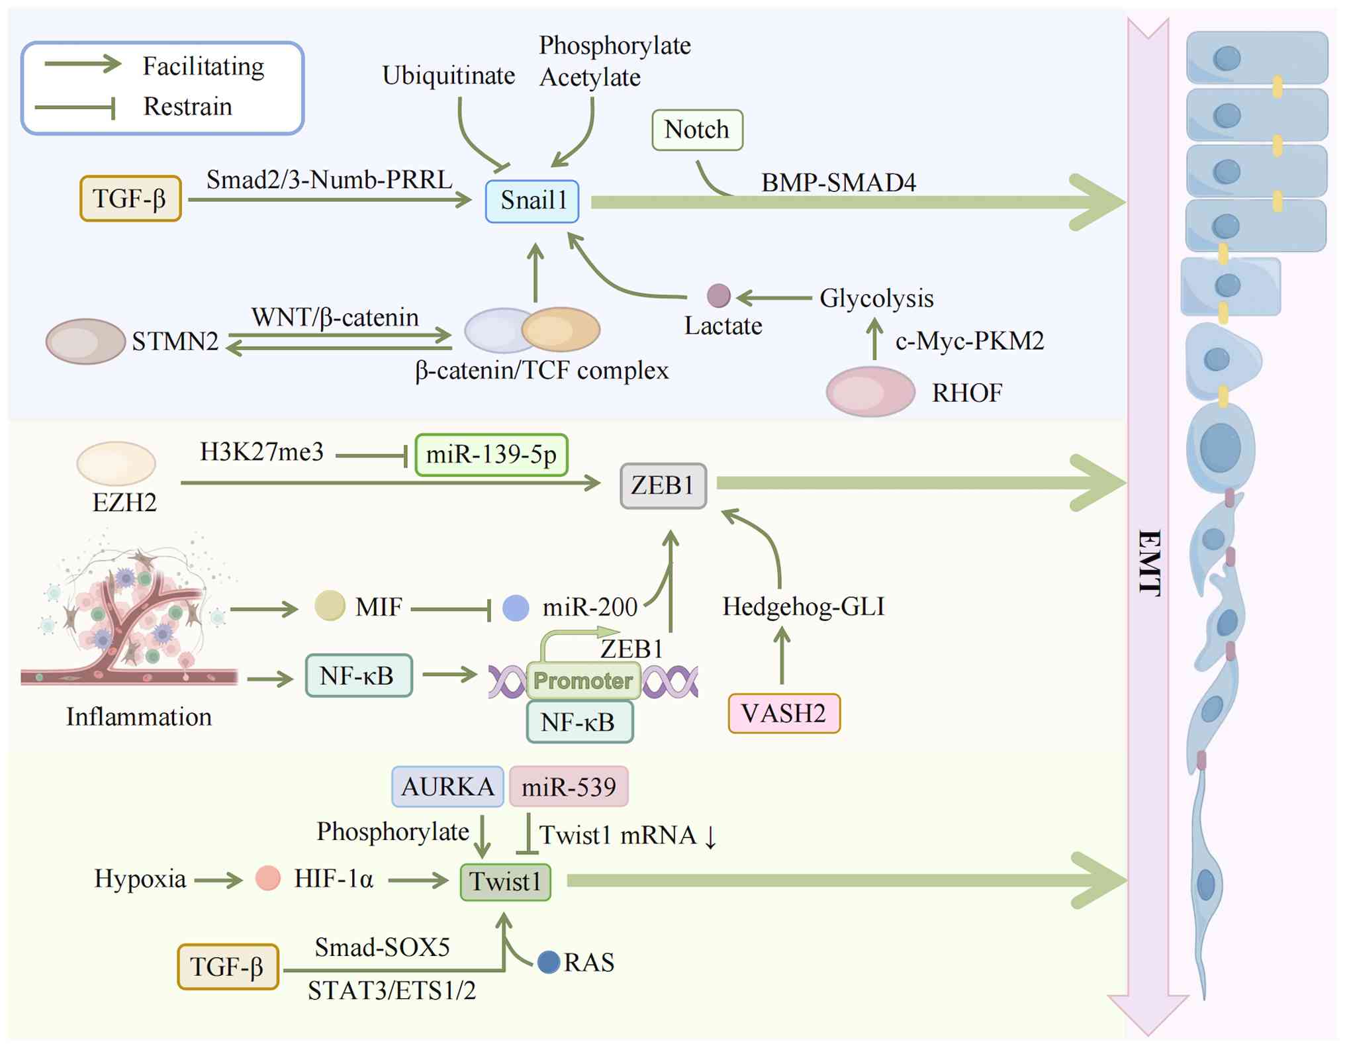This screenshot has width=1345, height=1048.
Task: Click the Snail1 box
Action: pos(532,201)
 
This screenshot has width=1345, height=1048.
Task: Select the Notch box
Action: pos(697,130)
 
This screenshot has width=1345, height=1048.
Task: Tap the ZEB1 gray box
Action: pos(663,485)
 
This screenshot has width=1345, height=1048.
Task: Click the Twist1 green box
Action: pos(506,882)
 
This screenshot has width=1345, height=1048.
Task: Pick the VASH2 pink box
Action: pos(784,713)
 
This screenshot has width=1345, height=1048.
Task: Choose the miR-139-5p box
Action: pos(491,455)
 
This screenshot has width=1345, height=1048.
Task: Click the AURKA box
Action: pos(447,786)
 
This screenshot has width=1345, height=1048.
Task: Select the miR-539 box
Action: pos(569,786)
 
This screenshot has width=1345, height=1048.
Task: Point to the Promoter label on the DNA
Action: pos(583,681)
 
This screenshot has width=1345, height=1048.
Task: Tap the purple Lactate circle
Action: pos(718,295)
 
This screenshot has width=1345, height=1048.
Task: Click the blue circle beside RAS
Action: pos(549,962)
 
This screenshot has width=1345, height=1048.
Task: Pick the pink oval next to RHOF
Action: pos(870,391)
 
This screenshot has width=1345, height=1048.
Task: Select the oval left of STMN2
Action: pos(85,341)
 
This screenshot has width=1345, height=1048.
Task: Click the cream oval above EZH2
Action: pos(116,463)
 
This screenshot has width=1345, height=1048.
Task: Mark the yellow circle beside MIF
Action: pos(330,604)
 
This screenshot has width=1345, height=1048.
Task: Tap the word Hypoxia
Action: pos(140,879)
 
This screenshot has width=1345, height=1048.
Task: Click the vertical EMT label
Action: pos(1149,563)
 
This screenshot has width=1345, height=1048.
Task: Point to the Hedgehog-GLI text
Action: pos(803,606)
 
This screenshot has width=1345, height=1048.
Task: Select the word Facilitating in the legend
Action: pos(203,66)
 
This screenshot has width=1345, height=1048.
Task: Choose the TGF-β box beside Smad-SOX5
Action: pos(228,967)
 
